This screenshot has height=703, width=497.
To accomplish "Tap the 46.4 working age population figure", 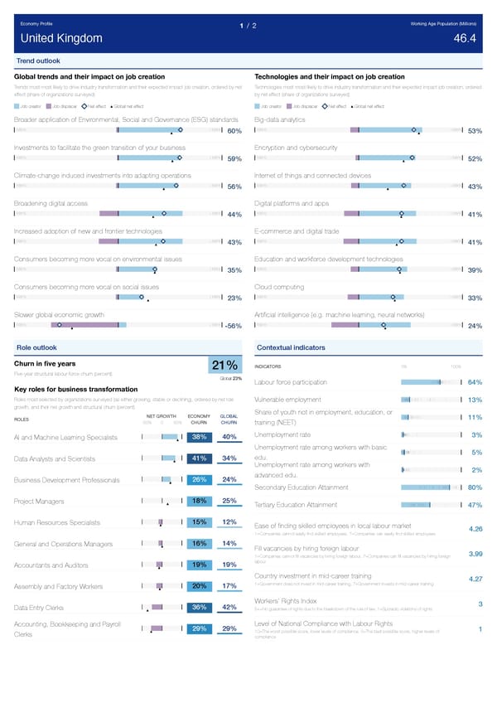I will tap(465, 38).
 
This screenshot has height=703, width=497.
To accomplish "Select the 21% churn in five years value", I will tap(226, 367).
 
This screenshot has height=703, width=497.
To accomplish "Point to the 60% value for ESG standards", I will tap(234, 131).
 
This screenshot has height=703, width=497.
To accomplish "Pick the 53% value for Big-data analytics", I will tap(475, 131).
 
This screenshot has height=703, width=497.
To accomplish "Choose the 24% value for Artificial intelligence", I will tap(475, 326).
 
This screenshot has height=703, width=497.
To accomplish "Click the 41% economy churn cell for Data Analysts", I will tap(199, 459).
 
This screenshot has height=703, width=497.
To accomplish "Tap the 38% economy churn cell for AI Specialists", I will tap(199, 438).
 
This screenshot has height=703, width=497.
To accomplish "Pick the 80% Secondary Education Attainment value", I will tap(475, 487).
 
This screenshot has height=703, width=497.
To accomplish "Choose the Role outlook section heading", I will tap(36, 347).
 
